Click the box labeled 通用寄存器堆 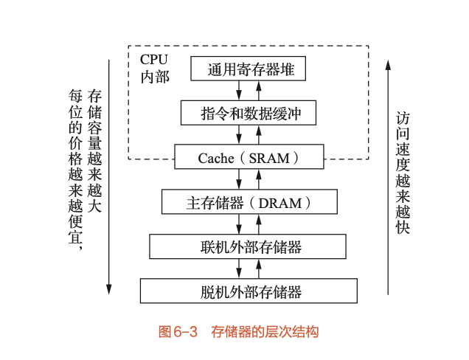coord(248,69)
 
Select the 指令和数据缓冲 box coord(248,114)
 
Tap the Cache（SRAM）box coord(249,158)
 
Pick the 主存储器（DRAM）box coord(249,201)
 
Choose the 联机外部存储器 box coord(247,246)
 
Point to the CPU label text coord(153,58)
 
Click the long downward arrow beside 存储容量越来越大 coord(109,177)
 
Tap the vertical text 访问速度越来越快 coord(403,173)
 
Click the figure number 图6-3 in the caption coord(179,332)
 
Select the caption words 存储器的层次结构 coord(264,332)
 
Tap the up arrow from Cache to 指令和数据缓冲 coord(258,135)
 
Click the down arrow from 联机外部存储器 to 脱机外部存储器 coord(240,268)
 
